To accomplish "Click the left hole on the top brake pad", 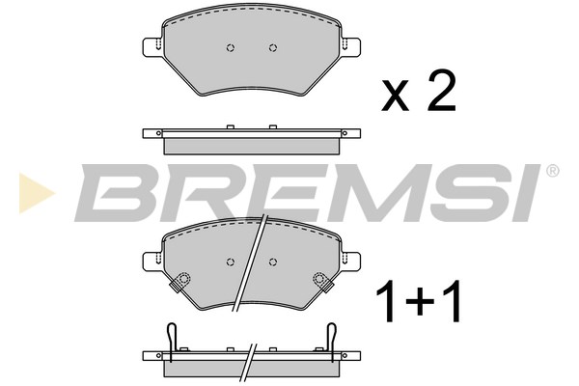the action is [231, 47].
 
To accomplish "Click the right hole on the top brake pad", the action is [273, 47].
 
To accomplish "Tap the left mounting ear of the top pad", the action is [152, 47].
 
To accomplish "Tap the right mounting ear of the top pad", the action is [351, 47].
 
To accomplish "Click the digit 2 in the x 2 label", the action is [441, 91].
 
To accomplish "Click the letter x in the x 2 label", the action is [396, 96].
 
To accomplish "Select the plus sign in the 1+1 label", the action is [419, 301].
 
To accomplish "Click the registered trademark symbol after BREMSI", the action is [552, 171].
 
